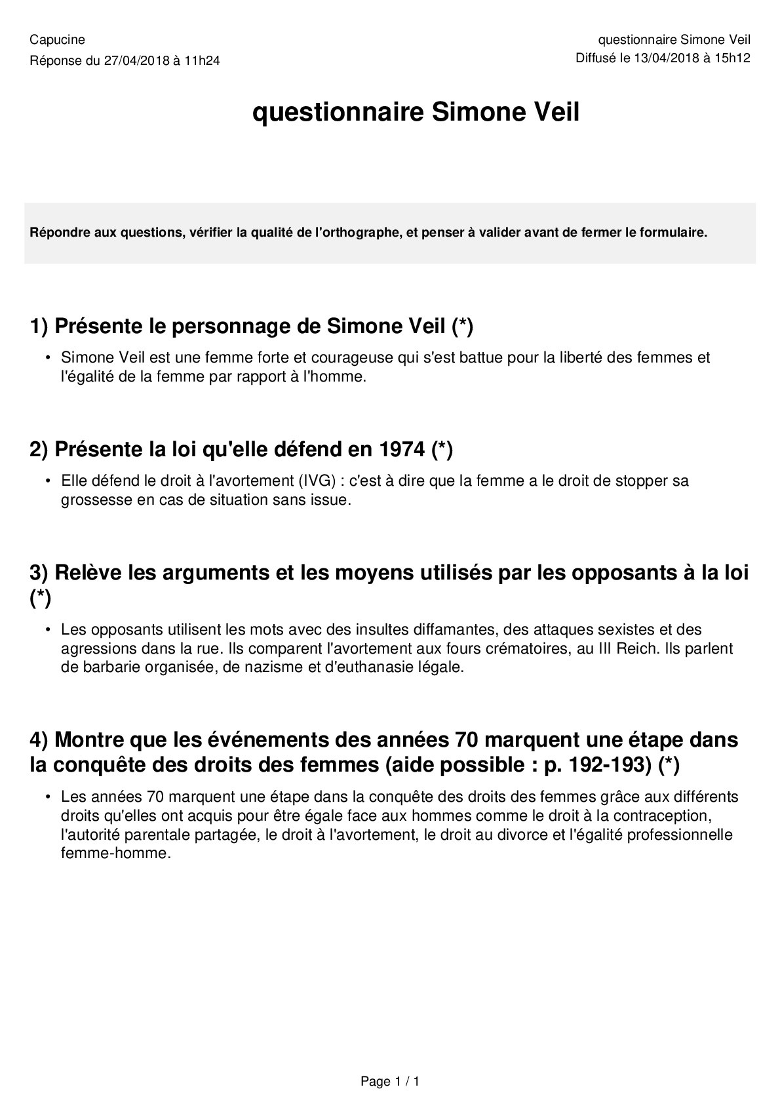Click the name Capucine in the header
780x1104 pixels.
tap(58, 40)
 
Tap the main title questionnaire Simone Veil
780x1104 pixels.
tap(416, 113)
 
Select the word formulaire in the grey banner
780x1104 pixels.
tap(676, 233)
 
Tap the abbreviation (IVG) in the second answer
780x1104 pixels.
tap(317, 481)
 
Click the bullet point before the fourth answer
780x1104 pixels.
tap(48, 797)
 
